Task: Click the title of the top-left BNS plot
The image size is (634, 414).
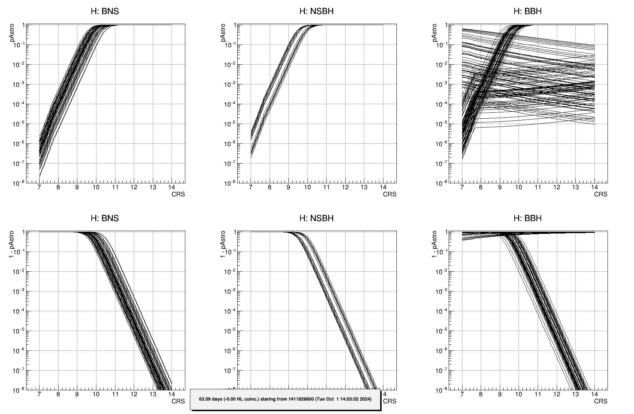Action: click(105, 11)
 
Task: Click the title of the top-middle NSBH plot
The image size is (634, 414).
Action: click(316, 11)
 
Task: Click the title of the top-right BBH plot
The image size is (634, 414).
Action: click(527, 11)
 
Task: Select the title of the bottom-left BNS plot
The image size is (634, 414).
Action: click(105, 218)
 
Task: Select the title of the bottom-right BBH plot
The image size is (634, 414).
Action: click(527, 218)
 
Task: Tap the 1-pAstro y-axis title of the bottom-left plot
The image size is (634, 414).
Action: click(12, 244)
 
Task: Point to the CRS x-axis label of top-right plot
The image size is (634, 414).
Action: click(600, 194)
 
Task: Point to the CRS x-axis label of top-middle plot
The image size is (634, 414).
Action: click(389, 194)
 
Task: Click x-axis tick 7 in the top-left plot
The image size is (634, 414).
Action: click(39, 187)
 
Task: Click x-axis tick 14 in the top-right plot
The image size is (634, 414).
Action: click(594, 187)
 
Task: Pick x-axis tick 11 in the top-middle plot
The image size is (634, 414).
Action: click(326, 187)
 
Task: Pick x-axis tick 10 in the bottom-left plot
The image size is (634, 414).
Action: click(96, 394)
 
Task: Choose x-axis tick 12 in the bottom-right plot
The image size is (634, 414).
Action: click(557, 394)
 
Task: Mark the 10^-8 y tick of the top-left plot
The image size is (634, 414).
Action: click(18, 183)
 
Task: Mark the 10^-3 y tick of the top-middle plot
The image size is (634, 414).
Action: click(229, 84)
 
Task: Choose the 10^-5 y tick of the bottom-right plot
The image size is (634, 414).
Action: click(441, 331)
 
